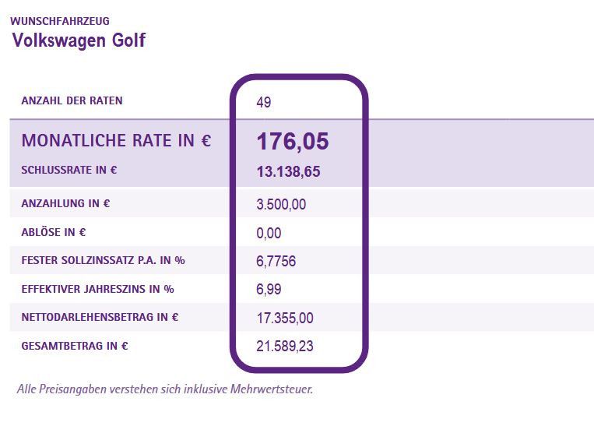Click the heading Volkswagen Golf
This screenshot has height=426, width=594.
pos(79,40)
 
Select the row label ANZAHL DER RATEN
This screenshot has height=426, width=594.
pos(72,100)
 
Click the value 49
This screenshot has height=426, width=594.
pos(263,102)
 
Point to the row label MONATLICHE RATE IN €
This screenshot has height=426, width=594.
pos(116,141)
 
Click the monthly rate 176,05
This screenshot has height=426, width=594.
pos(292,142)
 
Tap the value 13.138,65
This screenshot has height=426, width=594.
pos(287,172)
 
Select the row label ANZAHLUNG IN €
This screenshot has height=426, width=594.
pos(65,204)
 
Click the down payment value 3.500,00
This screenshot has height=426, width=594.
pos(280,205)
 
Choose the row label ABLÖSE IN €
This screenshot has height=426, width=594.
pos(54,232)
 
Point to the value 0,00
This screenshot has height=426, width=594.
pos(269,233)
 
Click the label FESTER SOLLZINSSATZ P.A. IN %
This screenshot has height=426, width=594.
pos(103,260)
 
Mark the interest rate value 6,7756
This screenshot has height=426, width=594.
pos(276,262)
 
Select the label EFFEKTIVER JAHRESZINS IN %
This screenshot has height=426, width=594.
pos(97,289)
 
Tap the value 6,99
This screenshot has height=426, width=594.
pos(269,290)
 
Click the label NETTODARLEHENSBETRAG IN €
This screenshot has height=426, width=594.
pos(100,317)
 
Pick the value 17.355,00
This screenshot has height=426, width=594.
pos(284,318)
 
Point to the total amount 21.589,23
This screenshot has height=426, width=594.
pos(284,347)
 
